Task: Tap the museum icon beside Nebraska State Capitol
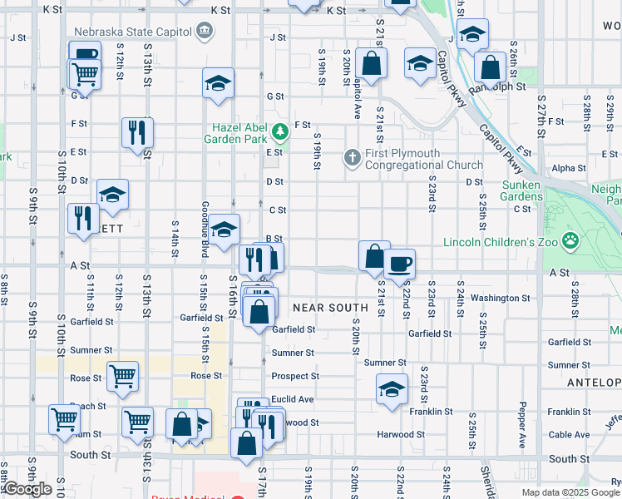click(203, 32)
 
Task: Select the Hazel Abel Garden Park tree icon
click(281, 130)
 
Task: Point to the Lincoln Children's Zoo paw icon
click(570, 241)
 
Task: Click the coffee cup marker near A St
click(399, 264)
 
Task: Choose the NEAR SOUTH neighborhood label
click(330, 308)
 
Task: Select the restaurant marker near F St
click(137, 132)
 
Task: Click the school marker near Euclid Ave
click(392, 388)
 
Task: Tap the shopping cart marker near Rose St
click(123, 375)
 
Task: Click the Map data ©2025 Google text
click(570, 492)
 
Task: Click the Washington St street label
click(500, 298)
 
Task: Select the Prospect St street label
click(294, 377)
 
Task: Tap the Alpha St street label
click(569, 168)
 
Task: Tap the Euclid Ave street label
click(294, 399)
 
